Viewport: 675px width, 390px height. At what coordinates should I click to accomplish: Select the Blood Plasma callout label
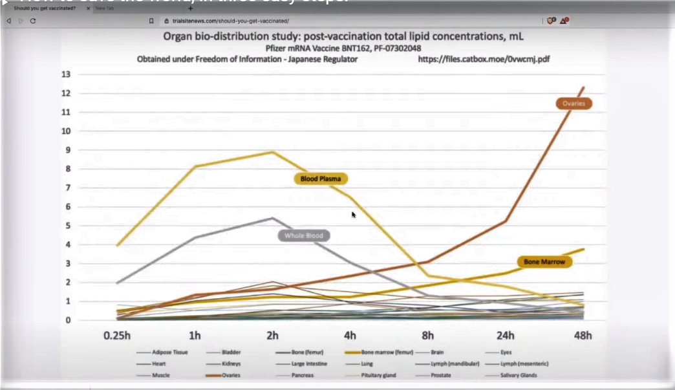321,179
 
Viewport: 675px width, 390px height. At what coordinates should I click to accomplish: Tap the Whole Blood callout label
303,236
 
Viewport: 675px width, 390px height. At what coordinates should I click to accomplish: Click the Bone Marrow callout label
544,262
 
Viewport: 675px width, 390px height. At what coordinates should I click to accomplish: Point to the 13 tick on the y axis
65,74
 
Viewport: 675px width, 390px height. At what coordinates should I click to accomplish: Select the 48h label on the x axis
583,336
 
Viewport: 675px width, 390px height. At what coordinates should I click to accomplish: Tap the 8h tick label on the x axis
427,336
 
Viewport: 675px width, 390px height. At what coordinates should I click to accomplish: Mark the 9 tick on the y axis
66,150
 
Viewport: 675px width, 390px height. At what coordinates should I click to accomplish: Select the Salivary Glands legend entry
519,375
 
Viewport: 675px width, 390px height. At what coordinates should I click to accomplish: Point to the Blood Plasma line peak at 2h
273,152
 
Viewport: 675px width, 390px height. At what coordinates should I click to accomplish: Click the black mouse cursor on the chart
354,215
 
